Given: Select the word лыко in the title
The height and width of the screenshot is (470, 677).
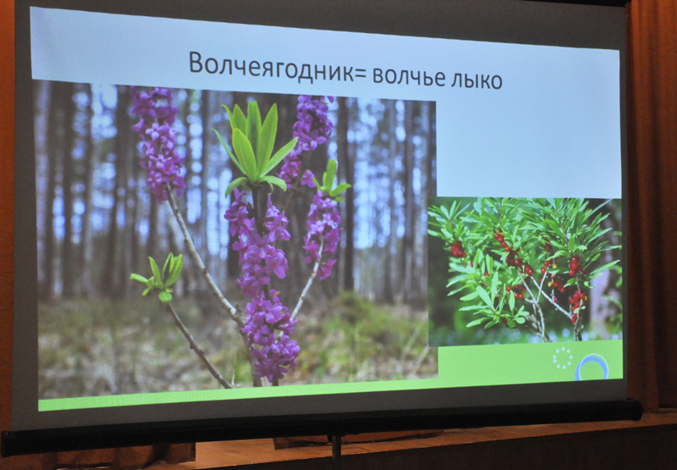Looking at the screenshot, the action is [x=476, y=80].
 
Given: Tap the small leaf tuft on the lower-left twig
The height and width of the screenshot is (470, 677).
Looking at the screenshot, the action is [x=159, y=277].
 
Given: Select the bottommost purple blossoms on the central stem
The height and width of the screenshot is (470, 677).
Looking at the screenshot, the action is [x=270, y=337].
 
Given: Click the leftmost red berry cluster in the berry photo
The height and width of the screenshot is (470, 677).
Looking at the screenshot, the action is [x=457, y=249].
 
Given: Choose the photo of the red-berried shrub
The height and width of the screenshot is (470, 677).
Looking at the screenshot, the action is [x=525, y=269].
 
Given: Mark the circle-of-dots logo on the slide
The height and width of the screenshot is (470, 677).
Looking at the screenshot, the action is [x=563, y=357].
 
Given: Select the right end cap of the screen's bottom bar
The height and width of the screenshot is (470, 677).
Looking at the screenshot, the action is [x=636, y=410].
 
